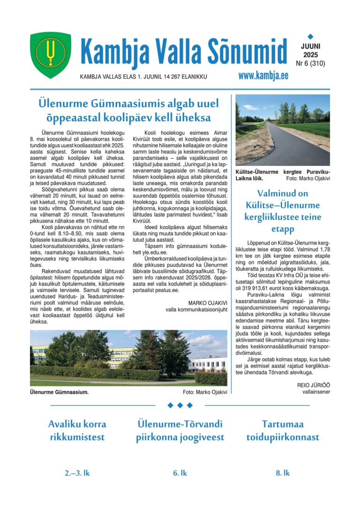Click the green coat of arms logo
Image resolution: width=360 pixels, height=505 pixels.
51,55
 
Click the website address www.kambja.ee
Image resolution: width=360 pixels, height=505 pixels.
263,76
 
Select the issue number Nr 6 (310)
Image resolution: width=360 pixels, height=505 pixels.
310,63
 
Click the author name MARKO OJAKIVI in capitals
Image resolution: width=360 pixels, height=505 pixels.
208,303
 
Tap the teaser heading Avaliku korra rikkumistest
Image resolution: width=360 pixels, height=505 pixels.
77,430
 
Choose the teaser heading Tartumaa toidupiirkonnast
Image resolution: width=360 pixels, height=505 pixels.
283,430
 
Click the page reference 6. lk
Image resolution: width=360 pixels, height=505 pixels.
180,473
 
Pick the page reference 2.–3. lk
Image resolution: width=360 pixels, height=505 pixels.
77,473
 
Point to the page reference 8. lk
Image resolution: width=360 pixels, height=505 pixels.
283,473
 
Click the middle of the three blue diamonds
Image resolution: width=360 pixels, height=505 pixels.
180,405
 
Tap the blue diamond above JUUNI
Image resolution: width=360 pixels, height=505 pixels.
310,36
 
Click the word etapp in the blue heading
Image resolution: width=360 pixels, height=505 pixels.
282,229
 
